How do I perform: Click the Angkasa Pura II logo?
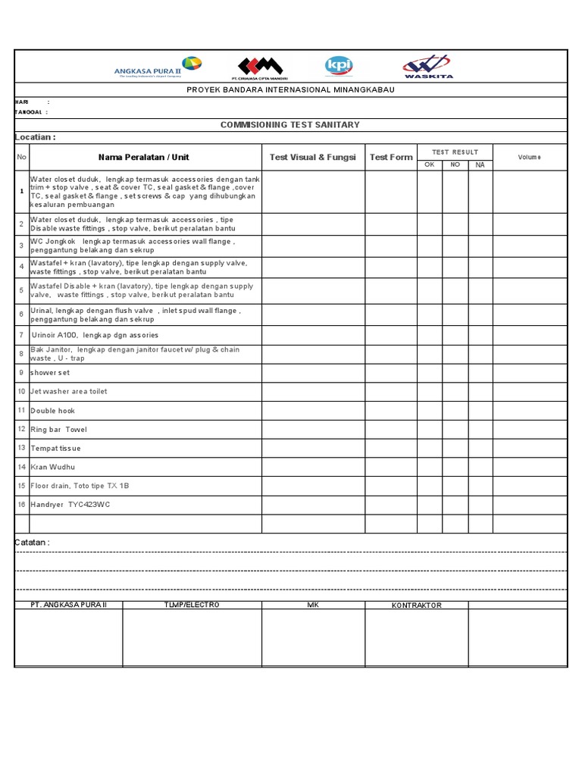158,67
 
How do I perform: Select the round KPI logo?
338,67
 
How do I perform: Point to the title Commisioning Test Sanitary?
289,124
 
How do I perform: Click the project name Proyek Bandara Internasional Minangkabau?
290,89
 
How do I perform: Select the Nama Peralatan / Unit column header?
144,157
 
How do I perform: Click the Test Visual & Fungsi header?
312,157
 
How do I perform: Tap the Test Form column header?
391,157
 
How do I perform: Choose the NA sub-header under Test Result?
480,164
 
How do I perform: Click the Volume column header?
529,157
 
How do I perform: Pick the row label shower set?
50,373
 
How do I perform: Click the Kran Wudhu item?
53,467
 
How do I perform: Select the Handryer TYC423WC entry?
70,504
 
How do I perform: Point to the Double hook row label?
52,411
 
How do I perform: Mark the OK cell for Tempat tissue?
429,448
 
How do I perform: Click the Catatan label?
33,543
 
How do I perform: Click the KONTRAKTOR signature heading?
416,605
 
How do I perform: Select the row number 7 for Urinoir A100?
21,334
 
